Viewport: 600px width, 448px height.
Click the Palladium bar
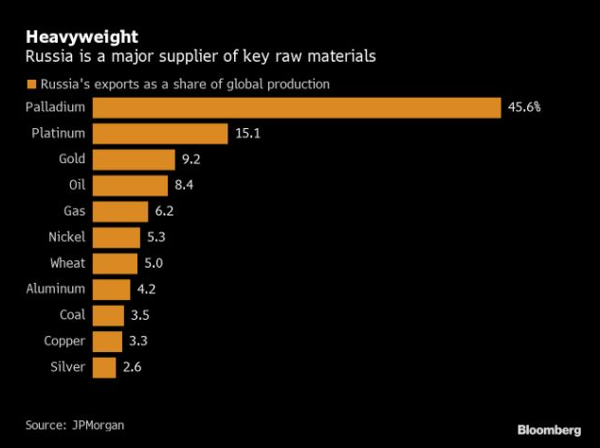tap(297, 107)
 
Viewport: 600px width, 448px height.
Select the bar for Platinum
tap(160, 134)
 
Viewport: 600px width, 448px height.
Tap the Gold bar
tap(134, 159)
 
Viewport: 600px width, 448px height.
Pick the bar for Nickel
tap(117, 237)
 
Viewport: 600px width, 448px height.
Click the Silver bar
tap(104, 366)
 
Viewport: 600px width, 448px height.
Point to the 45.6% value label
tap(524, 107)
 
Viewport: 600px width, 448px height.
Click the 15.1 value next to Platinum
tap(247, 134)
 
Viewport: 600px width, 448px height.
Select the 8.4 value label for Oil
tap(193, 185)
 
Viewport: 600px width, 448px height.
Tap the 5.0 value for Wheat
tap(162, 263)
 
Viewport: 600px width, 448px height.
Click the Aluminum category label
tap(56, 289)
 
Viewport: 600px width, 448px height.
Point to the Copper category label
tap(64, 341)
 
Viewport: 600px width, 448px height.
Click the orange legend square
tap(30, 84)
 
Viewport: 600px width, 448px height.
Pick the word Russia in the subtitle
tap(47, 57)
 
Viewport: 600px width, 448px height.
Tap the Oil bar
tap(130, 185)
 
